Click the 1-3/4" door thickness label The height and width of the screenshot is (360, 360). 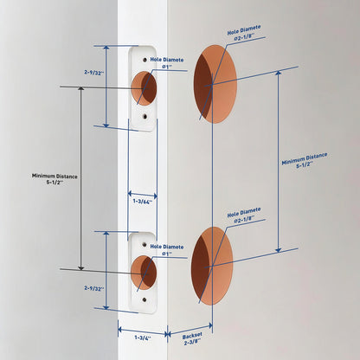tap(143, 337)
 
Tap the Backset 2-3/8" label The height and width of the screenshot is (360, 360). tap(192, 338)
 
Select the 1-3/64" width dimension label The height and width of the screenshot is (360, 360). tap(143, 202)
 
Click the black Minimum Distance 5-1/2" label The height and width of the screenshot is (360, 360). tap(55, 179)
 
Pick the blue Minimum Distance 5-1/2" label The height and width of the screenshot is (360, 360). tap(305, 160)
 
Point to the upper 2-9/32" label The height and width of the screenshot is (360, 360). tap(94, 73)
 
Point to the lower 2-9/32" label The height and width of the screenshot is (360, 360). tap(94, 288)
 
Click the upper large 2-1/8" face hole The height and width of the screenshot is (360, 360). tap(215, 84)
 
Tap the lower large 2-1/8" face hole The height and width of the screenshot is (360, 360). tap(212, 266)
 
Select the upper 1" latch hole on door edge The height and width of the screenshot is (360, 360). tap(144, 88)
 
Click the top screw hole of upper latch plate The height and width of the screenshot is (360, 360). tap(145, 60)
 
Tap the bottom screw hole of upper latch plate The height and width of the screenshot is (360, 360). tap(145, 117)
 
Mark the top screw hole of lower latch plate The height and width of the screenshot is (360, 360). tap(145, 245)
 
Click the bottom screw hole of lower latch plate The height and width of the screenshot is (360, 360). tap(145, 300)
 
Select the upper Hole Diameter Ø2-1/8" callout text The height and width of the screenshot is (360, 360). tap(244, 34)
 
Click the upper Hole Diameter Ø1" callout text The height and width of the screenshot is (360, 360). tap(167, 63)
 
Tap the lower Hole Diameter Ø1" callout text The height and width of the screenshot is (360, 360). tap(167, 250)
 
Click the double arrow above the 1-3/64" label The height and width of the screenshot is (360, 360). tap(143, 195)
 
